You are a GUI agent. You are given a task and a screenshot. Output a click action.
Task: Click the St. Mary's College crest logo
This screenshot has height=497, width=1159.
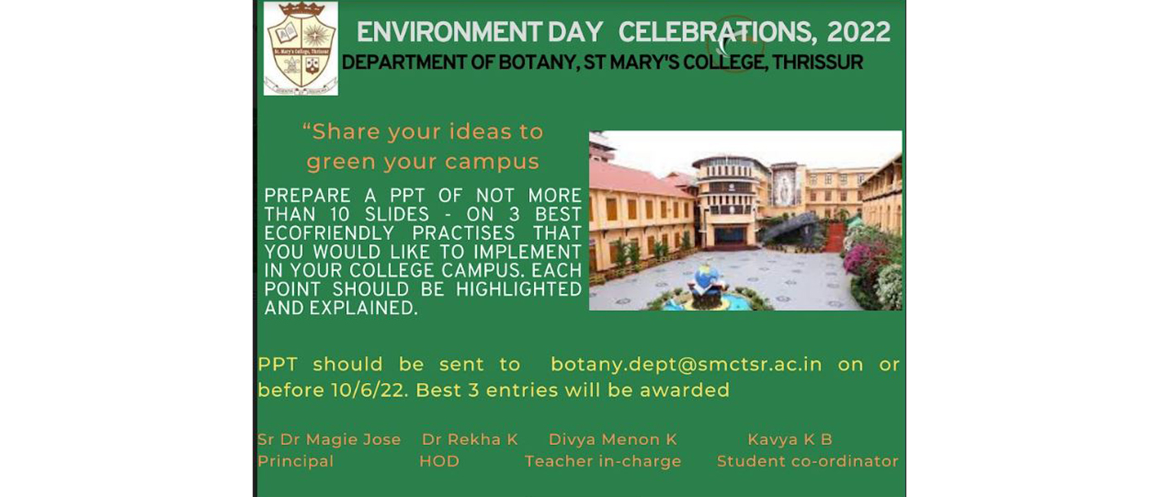pyautogui.click(x=301, y=48)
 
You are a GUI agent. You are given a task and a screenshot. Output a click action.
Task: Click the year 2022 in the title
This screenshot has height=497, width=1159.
pyautogui.click(x=858, y=32)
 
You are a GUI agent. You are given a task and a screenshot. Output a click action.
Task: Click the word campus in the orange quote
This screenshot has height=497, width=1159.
pyautogui.click(x=492, y=162)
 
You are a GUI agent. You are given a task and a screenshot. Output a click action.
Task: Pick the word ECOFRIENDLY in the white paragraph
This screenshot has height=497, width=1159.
pyautogui.click(x=329, y=234)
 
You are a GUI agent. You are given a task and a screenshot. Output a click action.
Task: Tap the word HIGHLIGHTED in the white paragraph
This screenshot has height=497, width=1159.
pyautogui.click(x=519, y=289)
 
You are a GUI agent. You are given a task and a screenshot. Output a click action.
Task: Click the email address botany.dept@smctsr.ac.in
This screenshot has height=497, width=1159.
pyautogui.click(x=686, y=365)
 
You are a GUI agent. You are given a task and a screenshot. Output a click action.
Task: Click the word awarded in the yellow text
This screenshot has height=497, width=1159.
pyautogui.click(x=685, y=390)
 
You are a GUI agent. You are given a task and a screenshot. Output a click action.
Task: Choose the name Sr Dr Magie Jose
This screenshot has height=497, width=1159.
pyautogui.click(x=329, y=440)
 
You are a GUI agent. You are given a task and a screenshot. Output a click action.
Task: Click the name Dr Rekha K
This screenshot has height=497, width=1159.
pyautogui.click(x=470, y=440)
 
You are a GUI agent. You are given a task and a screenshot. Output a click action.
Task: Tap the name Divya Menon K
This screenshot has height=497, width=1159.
pyautogui.click(x=613, y=440)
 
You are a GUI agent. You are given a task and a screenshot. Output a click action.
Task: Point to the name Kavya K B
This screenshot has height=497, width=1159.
pyautogui.click(x=790, y=440)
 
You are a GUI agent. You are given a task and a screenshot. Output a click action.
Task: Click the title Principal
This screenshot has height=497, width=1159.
pyautogui.click(x=296, y=461)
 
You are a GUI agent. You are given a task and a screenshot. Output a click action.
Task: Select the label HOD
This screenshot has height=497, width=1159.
pyautogui.click(x=440, y=461)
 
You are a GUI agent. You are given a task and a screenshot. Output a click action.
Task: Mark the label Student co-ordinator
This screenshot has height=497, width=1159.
pyautogui.click(x=808, y=461)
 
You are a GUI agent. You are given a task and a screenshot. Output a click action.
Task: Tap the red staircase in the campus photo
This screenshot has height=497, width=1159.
pyautogui.click(x=834, y=235)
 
